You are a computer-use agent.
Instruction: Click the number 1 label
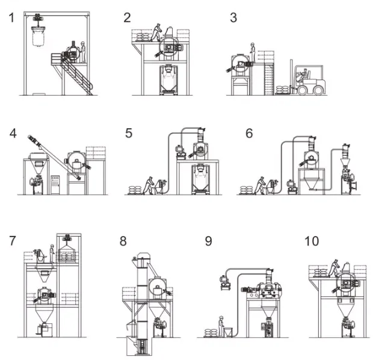[11, 17]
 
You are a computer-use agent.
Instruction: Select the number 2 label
[128, 17]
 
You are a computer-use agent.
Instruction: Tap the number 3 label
[233, 17]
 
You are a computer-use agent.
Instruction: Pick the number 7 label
[13, 241]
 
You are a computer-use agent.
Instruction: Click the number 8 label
[123, 241]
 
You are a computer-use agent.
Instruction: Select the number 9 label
[208, 241]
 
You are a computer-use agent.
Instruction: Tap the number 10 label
[312, 241]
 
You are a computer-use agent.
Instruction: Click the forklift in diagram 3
[310, 82]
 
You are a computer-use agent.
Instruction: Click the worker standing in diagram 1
[84, 51]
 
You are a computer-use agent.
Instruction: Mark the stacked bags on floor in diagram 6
[246, 190]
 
